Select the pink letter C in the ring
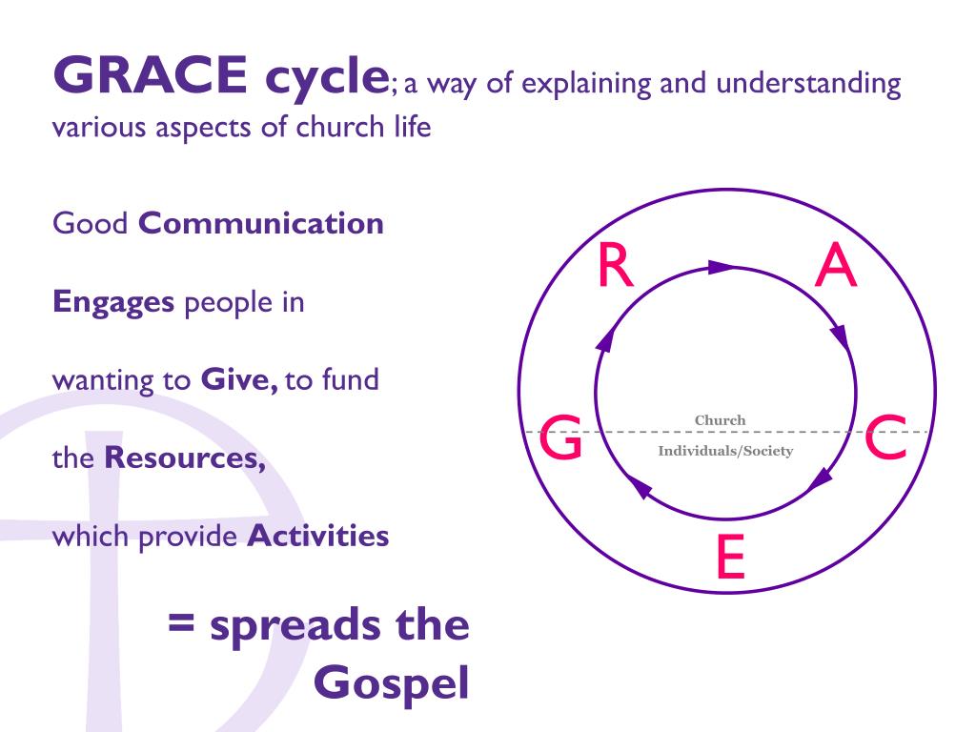point(885,439)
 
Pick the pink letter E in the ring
point(729,558)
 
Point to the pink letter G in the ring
point(561,439)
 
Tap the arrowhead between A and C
point(839,337)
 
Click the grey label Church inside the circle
point(720,420)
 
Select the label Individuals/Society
point(725,451)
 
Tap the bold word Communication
point(261,224)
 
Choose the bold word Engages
point(113,302)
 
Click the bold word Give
point(238,380)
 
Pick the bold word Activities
point(318,536)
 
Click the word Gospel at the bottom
point(392,682)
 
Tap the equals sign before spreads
point(182,627)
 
